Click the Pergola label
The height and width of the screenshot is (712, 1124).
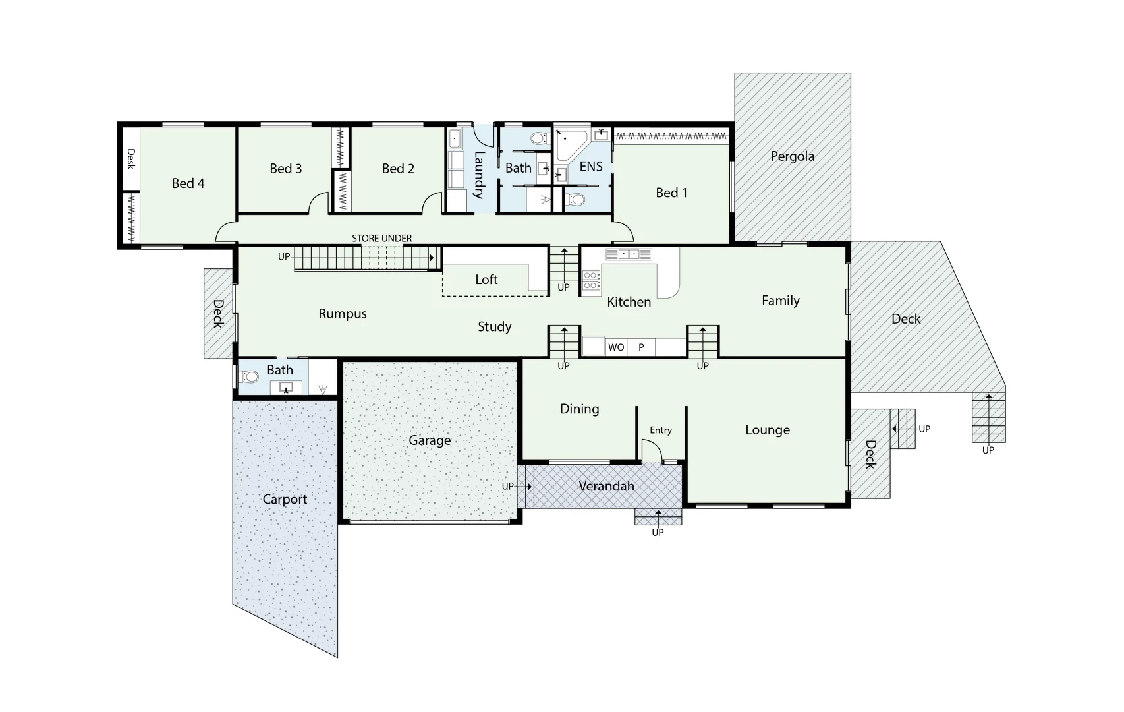(792, 156)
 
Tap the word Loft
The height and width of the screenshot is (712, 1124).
(486, 280)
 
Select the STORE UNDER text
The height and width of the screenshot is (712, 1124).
(381, 238)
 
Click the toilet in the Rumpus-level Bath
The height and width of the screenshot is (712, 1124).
(250, 377)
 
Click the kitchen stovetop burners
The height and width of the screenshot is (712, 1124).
(591, 280)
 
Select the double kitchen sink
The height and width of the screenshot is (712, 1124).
(629, 254)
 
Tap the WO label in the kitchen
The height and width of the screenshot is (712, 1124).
(616, 347)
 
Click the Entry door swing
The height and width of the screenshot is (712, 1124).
(652, 452)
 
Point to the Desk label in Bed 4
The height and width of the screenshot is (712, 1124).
(130, 159)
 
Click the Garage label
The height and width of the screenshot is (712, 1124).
(430, 440)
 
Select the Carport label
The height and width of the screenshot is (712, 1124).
(285, 499)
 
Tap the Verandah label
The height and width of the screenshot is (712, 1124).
(606, 486)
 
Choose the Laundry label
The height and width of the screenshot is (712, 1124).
(479, 175)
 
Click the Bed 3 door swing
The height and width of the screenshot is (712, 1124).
(319, 202)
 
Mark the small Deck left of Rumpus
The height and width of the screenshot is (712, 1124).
(218, 313)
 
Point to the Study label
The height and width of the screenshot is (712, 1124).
(494, 327)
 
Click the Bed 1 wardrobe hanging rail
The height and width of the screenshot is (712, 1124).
(671, 136)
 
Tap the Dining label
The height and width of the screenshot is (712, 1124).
(579, 409)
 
